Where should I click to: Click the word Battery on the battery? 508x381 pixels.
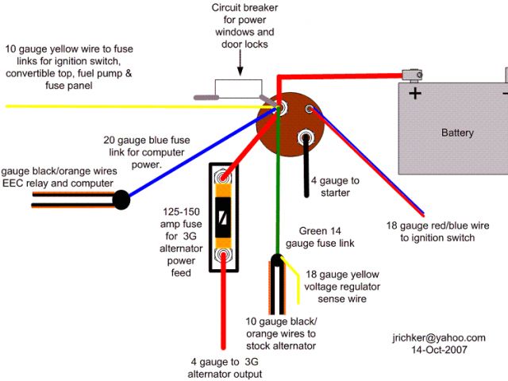pos(457,133)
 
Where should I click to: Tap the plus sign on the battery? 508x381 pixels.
pos(414,94)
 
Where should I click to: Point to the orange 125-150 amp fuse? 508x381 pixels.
pos(225,217)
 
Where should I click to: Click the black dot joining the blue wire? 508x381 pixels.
pos(121,200)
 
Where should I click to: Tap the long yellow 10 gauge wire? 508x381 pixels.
pos(119,106)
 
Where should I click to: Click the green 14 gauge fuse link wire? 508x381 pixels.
pos(278,198)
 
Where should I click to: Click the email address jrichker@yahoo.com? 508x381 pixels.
pos(439,337)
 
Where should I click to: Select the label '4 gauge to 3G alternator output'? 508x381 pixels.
pos(225,368)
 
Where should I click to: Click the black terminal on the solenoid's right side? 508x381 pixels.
pos(304,140)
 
